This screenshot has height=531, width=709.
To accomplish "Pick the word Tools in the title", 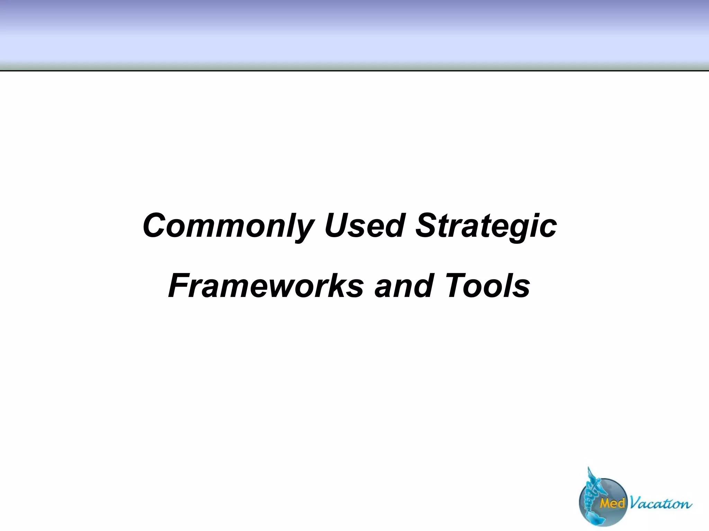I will pyautogui.click(x=488, y=286).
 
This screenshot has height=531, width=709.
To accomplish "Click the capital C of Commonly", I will pyautogui.click(x=156, y=225).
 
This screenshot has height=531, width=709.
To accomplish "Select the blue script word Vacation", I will pyautogui.click(x=660, y=503).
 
